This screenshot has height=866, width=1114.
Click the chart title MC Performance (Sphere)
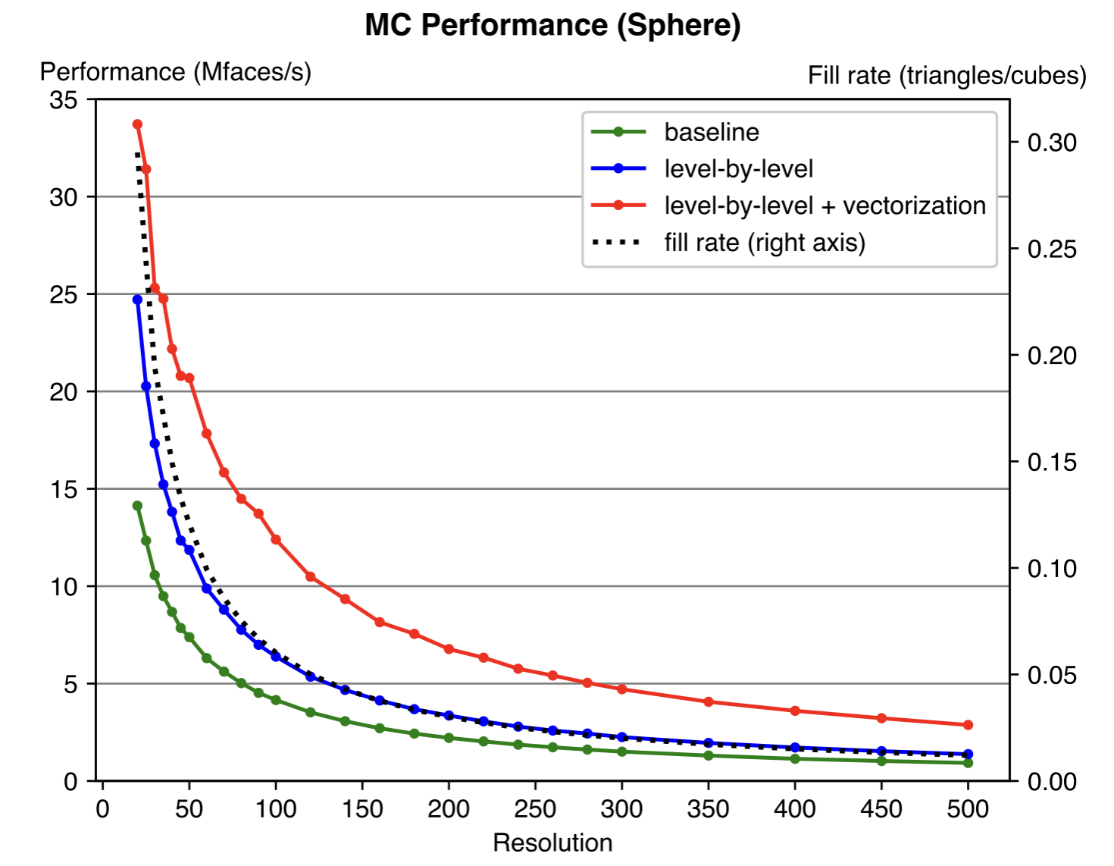click(552, 25)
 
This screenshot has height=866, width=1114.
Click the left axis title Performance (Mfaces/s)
click(175, 72)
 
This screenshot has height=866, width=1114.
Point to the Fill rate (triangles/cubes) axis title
click(947, 76)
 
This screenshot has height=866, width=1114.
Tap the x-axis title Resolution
click(552, 842)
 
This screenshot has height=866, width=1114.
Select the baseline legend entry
click(711, 132)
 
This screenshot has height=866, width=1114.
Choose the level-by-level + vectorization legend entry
click(825, 206)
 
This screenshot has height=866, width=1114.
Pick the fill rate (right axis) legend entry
click(764, 243)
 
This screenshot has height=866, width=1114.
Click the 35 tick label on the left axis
click(64, 100)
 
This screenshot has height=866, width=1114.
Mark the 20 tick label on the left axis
click(64, 392)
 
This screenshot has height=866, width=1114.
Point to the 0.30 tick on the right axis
click(1052, 143)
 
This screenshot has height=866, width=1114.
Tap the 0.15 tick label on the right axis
click(1052, 462)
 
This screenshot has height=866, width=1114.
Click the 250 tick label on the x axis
click(535, 809)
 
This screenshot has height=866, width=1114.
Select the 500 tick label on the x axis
click(968, 809)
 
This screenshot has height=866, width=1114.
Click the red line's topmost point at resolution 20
click(137, 124)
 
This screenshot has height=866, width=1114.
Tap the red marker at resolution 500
click(968, 725)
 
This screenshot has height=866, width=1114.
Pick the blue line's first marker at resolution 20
click(137, 300)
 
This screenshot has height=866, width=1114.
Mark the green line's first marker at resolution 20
click(137, 506)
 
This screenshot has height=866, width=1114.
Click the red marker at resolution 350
click(709, 702)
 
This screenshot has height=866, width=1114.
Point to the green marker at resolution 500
click(968, 763)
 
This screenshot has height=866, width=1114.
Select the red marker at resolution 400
click(795, 711)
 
